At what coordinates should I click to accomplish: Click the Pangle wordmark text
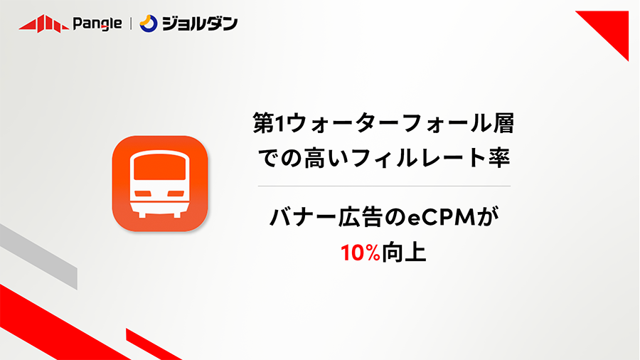point(97,23)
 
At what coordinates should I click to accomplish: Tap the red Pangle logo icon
point(43,23)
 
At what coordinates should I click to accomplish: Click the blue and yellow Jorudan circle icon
point(148,23)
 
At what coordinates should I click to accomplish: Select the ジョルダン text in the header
point(200,23)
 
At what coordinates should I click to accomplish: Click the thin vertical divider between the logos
point(131,23)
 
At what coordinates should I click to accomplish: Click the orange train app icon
point(160,184)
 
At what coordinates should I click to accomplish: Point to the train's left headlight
point(143,194)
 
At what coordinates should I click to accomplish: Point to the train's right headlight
point(176,194)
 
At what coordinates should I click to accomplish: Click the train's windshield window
point(159,168)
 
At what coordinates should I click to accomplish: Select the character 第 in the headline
point(263,123)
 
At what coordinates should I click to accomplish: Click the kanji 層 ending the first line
point(503,123)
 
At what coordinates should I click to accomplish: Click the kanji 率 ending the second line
point(499,158)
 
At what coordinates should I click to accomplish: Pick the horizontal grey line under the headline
point(384,186)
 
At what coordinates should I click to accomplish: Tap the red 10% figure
point(361,253)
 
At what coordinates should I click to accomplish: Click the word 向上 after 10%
point(404,253)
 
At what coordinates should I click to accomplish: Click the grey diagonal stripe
point(39,256)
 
